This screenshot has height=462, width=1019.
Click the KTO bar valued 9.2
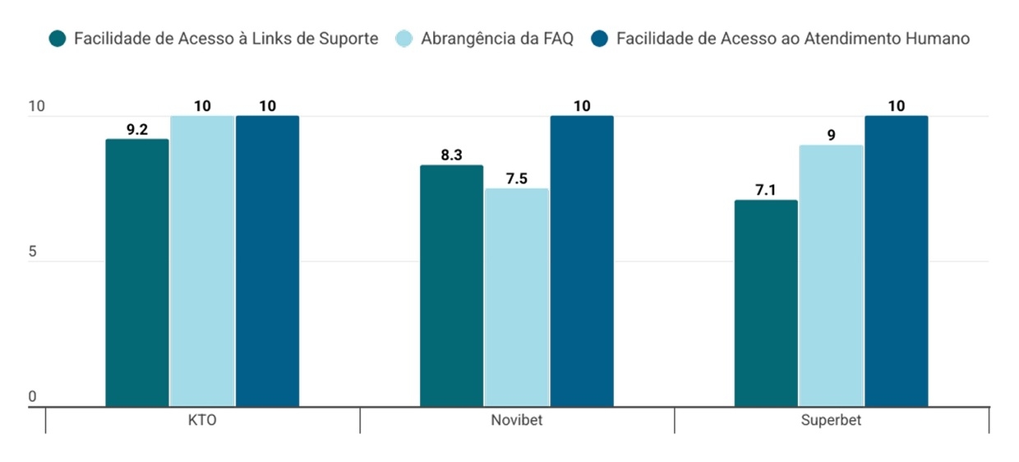(x=137, y=272)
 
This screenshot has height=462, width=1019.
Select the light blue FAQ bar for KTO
(x=202, y=261)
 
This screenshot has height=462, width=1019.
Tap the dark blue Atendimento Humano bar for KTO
(x=267, y=261)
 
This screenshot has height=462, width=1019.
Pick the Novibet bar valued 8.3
(x=451, y=285)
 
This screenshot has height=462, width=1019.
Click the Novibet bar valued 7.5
(x=516, y=297)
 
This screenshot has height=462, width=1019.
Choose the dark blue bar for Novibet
(x=582, y=261)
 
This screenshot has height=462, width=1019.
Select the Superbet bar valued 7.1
(x=766, y=303)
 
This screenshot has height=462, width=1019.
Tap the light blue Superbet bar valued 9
(x=831, y=275)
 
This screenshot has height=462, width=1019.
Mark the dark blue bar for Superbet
(x=896, y=261)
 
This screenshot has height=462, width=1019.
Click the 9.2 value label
(x=137, y=129)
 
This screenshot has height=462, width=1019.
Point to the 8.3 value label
(x=451, y=155)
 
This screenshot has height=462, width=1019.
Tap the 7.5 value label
(x=516, y=178)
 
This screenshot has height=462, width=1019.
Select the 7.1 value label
(x=766, y=190)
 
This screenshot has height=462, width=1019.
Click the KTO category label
(x=202, y=421)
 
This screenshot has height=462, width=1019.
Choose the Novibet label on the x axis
(x=517, y=421)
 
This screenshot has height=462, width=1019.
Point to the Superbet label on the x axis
(x=831, y=421)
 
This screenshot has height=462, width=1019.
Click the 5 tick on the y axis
(x=33, y=252)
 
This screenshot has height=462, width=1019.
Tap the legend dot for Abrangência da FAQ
(x=404, y=39)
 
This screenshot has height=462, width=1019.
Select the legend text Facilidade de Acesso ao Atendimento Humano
(x=792, y=39)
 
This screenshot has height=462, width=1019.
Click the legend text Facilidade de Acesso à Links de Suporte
(x=226, y=39)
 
